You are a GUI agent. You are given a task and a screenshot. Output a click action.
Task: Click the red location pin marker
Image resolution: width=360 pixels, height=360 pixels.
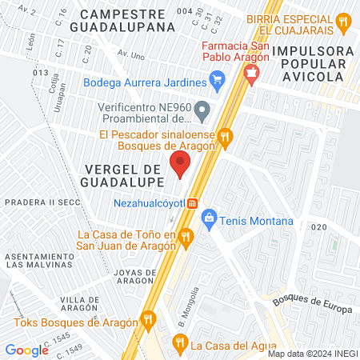pyautogui.click(x=180, y=166)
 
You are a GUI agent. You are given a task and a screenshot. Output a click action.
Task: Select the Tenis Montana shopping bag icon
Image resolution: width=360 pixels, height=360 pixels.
pyautogui.click(x=210, y=217)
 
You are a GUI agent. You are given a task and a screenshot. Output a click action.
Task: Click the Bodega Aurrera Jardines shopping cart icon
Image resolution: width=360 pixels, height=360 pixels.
pyautogui.click(x=216, y=80)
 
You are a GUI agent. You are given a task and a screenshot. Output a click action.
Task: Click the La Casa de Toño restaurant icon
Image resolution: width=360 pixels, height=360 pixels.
pyautogui.click(x=186, y=236)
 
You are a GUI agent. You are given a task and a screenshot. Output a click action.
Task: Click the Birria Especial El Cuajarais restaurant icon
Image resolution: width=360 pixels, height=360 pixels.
pyautogui.click(x=343, y=22)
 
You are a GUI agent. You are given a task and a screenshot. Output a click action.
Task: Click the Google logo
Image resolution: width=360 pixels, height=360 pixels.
pyautogui.click(x=26, y=350)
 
